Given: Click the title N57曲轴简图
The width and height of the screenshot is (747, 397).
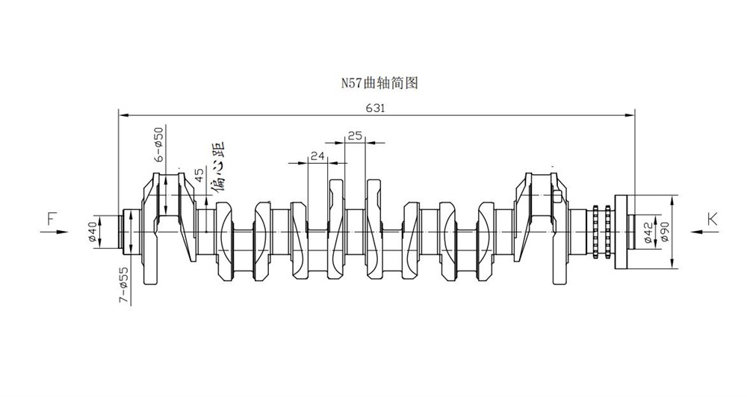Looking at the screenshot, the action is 379,83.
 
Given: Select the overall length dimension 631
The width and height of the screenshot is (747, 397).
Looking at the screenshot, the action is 376,108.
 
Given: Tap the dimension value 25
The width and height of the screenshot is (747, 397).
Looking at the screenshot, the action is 354,136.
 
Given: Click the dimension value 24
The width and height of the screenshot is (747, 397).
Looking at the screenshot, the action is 317,156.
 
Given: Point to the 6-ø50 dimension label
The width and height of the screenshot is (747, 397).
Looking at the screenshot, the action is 158,143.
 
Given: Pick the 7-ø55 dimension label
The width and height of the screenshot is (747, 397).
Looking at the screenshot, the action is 123,285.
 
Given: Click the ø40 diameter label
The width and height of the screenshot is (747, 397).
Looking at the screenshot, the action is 93,232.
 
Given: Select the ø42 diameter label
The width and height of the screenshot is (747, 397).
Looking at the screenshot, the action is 648,233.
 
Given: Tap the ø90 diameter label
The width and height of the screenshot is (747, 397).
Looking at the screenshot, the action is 665,232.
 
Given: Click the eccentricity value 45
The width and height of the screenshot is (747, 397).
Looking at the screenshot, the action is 199,175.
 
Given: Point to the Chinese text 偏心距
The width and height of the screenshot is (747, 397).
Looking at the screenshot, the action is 218,167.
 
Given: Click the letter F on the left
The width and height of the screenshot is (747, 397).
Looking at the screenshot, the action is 52,219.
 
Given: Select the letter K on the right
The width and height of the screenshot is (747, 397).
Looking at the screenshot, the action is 712,219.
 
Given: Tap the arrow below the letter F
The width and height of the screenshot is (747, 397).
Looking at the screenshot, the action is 55,232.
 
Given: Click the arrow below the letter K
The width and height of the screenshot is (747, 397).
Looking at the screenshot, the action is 704,232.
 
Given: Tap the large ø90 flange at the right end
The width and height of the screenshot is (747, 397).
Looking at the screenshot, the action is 624,232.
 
